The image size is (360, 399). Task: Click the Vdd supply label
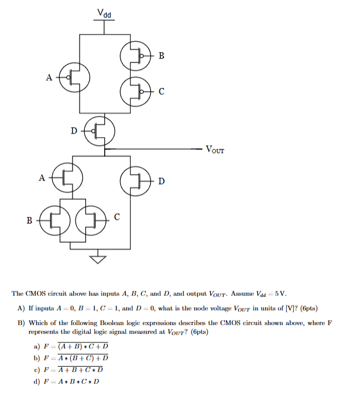(105, 12)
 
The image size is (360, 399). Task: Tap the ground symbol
(98, 256)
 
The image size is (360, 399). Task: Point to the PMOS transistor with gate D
(100, 129)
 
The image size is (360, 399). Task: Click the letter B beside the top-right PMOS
(161, 56)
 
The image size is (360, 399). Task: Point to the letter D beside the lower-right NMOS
(161, 182)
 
